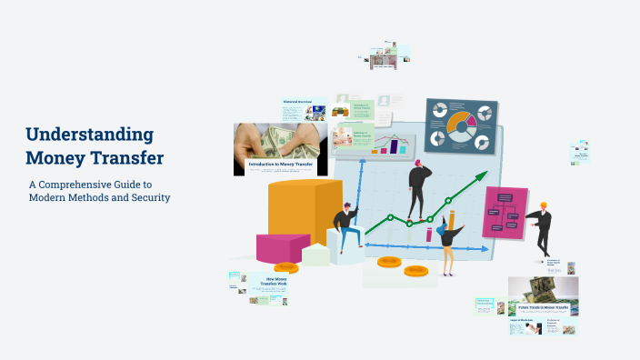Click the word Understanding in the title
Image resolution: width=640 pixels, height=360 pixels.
(x=89, y=135)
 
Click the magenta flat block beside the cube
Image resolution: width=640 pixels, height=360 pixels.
(x=282, y=246)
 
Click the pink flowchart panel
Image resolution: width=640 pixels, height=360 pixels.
(x=505, y=212)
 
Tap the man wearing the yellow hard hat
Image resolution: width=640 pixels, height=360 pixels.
(x=542, y=227)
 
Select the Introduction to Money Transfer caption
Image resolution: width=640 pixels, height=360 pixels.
(x=279, y=165)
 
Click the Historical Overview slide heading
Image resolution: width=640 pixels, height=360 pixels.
(x=297, y=102)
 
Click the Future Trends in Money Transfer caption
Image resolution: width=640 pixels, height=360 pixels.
(x=544, y=309)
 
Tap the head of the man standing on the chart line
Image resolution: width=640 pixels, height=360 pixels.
(x=419, y=165)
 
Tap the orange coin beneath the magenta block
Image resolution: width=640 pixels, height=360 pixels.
(x=285, y=267)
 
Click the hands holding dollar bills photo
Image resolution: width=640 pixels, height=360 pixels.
(x=279, y=141)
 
